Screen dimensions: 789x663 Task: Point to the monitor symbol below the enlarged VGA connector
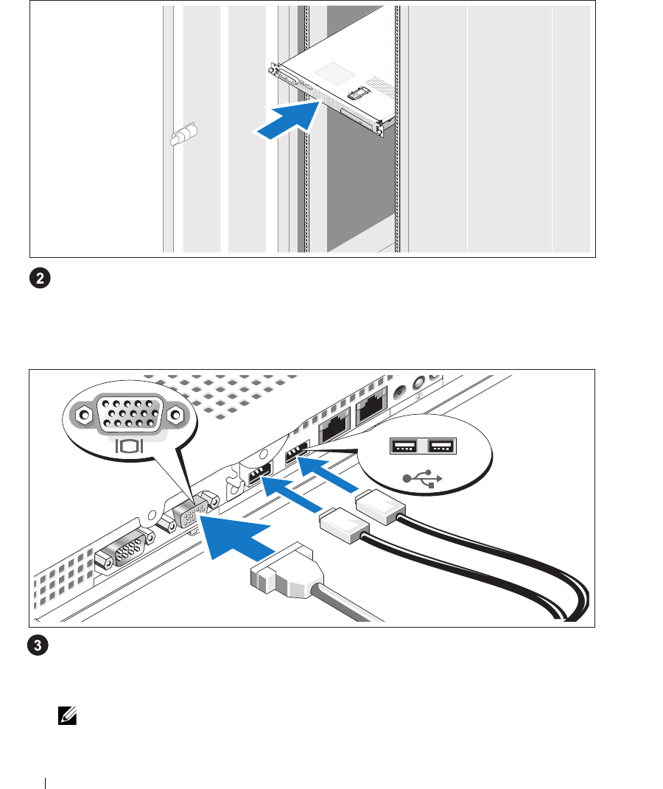[129, 445]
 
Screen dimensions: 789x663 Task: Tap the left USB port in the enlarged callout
[404, 446]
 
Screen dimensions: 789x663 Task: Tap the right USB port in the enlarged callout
[441, 446]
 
